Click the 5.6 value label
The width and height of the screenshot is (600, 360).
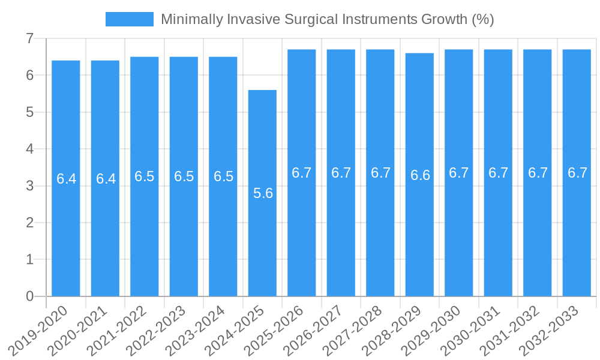pyautogui.click(x=263, y=193)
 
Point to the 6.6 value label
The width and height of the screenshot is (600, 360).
pyautogui.click(x=420, y=175)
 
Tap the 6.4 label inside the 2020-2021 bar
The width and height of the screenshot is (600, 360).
pyautogui.click(x=106, y=179)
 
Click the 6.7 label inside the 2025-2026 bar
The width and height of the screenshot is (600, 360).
pyautogui.click(x=302, y=173)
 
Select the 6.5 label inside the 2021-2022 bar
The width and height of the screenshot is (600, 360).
pyautogui.click(x=145, y=176)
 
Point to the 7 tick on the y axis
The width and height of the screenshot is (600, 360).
pyautogui.click(x=29, y=39)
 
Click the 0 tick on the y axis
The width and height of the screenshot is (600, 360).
pyautogui.click(x=29, y=296)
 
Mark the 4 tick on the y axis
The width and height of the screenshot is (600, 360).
pyautogui.click(x=29, y=149)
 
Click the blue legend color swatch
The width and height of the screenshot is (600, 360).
pyautogui.click(x=129, y=19)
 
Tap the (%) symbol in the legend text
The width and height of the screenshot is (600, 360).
pyautogui.click(x=482, y=19)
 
